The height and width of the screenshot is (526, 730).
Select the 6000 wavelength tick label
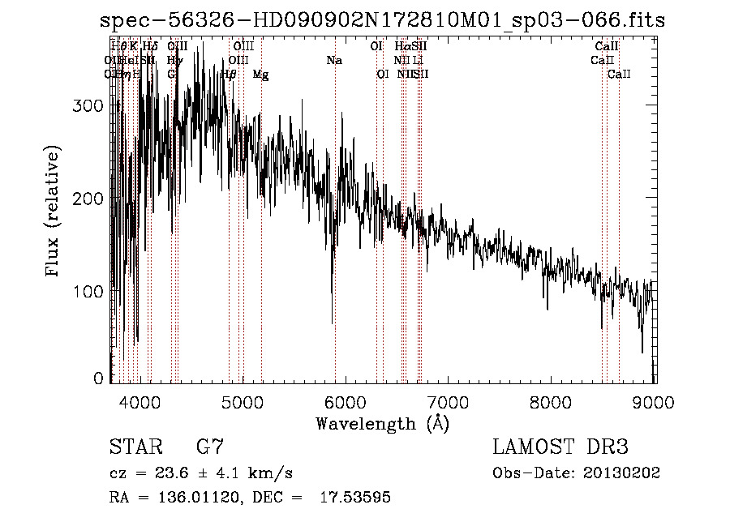click(346, 402)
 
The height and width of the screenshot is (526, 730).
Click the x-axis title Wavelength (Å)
click(382, 423)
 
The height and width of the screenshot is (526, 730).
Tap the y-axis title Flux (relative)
click(54, 212)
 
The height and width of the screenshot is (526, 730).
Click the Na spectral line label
click(334, 60)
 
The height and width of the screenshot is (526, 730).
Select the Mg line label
click(261, 75)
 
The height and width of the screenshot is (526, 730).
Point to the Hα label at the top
click(402, 46)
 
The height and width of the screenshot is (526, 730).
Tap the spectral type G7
click(210, 447)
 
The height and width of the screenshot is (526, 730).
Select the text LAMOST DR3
click(560, 447)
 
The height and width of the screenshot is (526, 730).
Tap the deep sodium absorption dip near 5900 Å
click(333, 312)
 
